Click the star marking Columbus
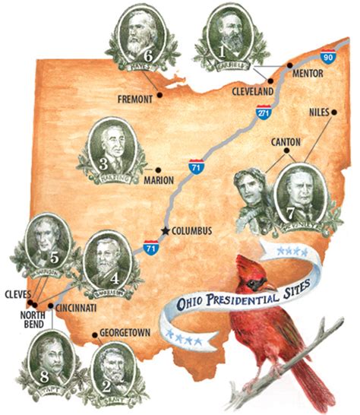pyautogui.click(x=163, y=230)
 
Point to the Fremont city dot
pyautogui.click(x=160, y=97)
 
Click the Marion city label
pyautogui.click(x=175, y=180)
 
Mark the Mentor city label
pyautogui.click(x=308, y=74)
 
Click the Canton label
pyautogui.click(x=286, y=141)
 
